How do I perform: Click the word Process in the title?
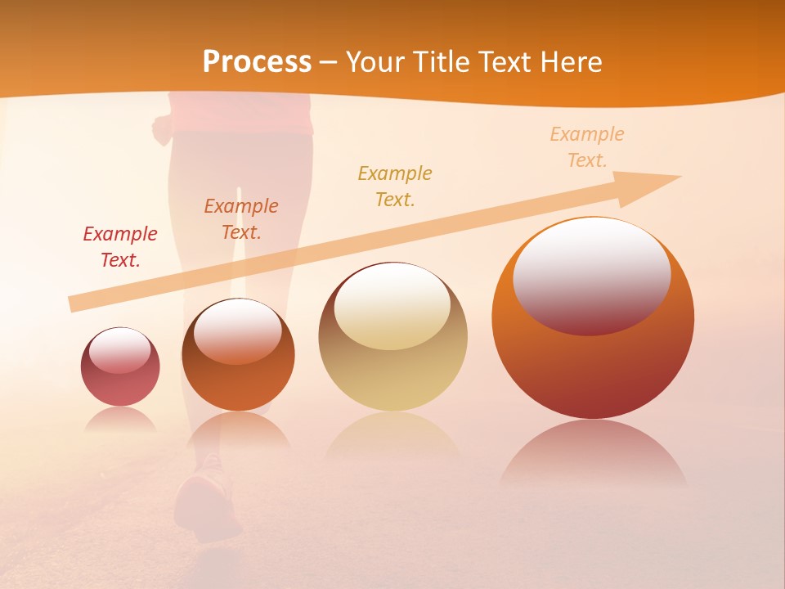coord(257,62)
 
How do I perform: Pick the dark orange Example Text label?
coord(241,218)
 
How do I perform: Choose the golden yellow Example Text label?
coord(395,186)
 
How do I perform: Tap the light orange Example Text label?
coord(586,146)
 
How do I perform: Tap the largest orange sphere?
coord(593,368)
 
